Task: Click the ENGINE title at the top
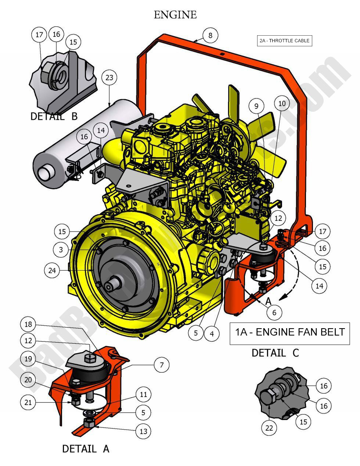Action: pyautogui.click(x=175, y=15)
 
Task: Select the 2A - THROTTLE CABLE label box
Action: pyautogui.click(x=284, y=41)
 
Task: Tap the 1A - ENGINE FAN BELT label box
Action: pyautogui.click(x=289, y=332)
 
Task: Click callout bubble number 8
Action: pyautogui.click(x=210, y=36)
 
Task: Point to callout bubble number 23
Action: pyautogui.click(x=109, y=78)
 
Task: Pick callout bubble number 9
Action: pyautogui.click(x=256, y=106)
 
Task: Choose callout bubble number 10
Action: pyautogui.click(x=282, y=104)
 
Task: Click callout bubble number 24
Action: pyautogui.click(x=52, y=270)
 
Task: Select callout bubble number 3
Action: pyautogui.click(x=61, y=250)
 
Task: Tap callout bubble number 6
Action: pyautogui.click(x=274, y=313)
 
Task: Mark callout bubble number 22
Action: pyautogui.click(x=269, y=428)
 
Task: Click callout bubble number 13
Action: pyautogui.click(x=143, y=431)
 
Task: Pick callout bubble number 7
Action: pyautogui.click(x=161, y=365)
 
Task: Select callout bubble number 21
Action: pyautogui.click(x=28, y=402)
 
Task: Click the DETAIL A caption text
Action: pyautogui.click(x=86, y=449)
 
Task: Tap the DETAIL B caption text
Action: pyautogui.click(x=54, y=116)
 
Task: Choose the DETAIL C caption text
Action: pyautogui.click(x=275, y=353)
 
